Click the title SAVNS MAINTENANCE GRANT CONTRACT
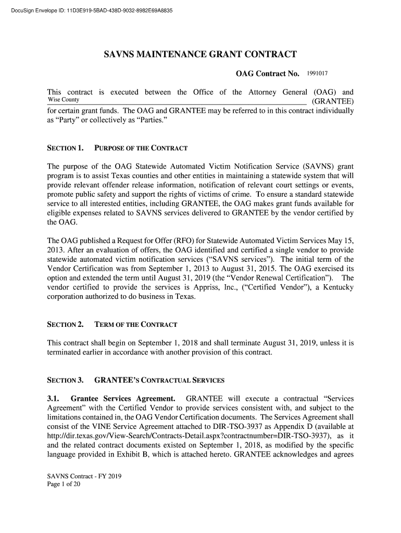click(x=200, y=55)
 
